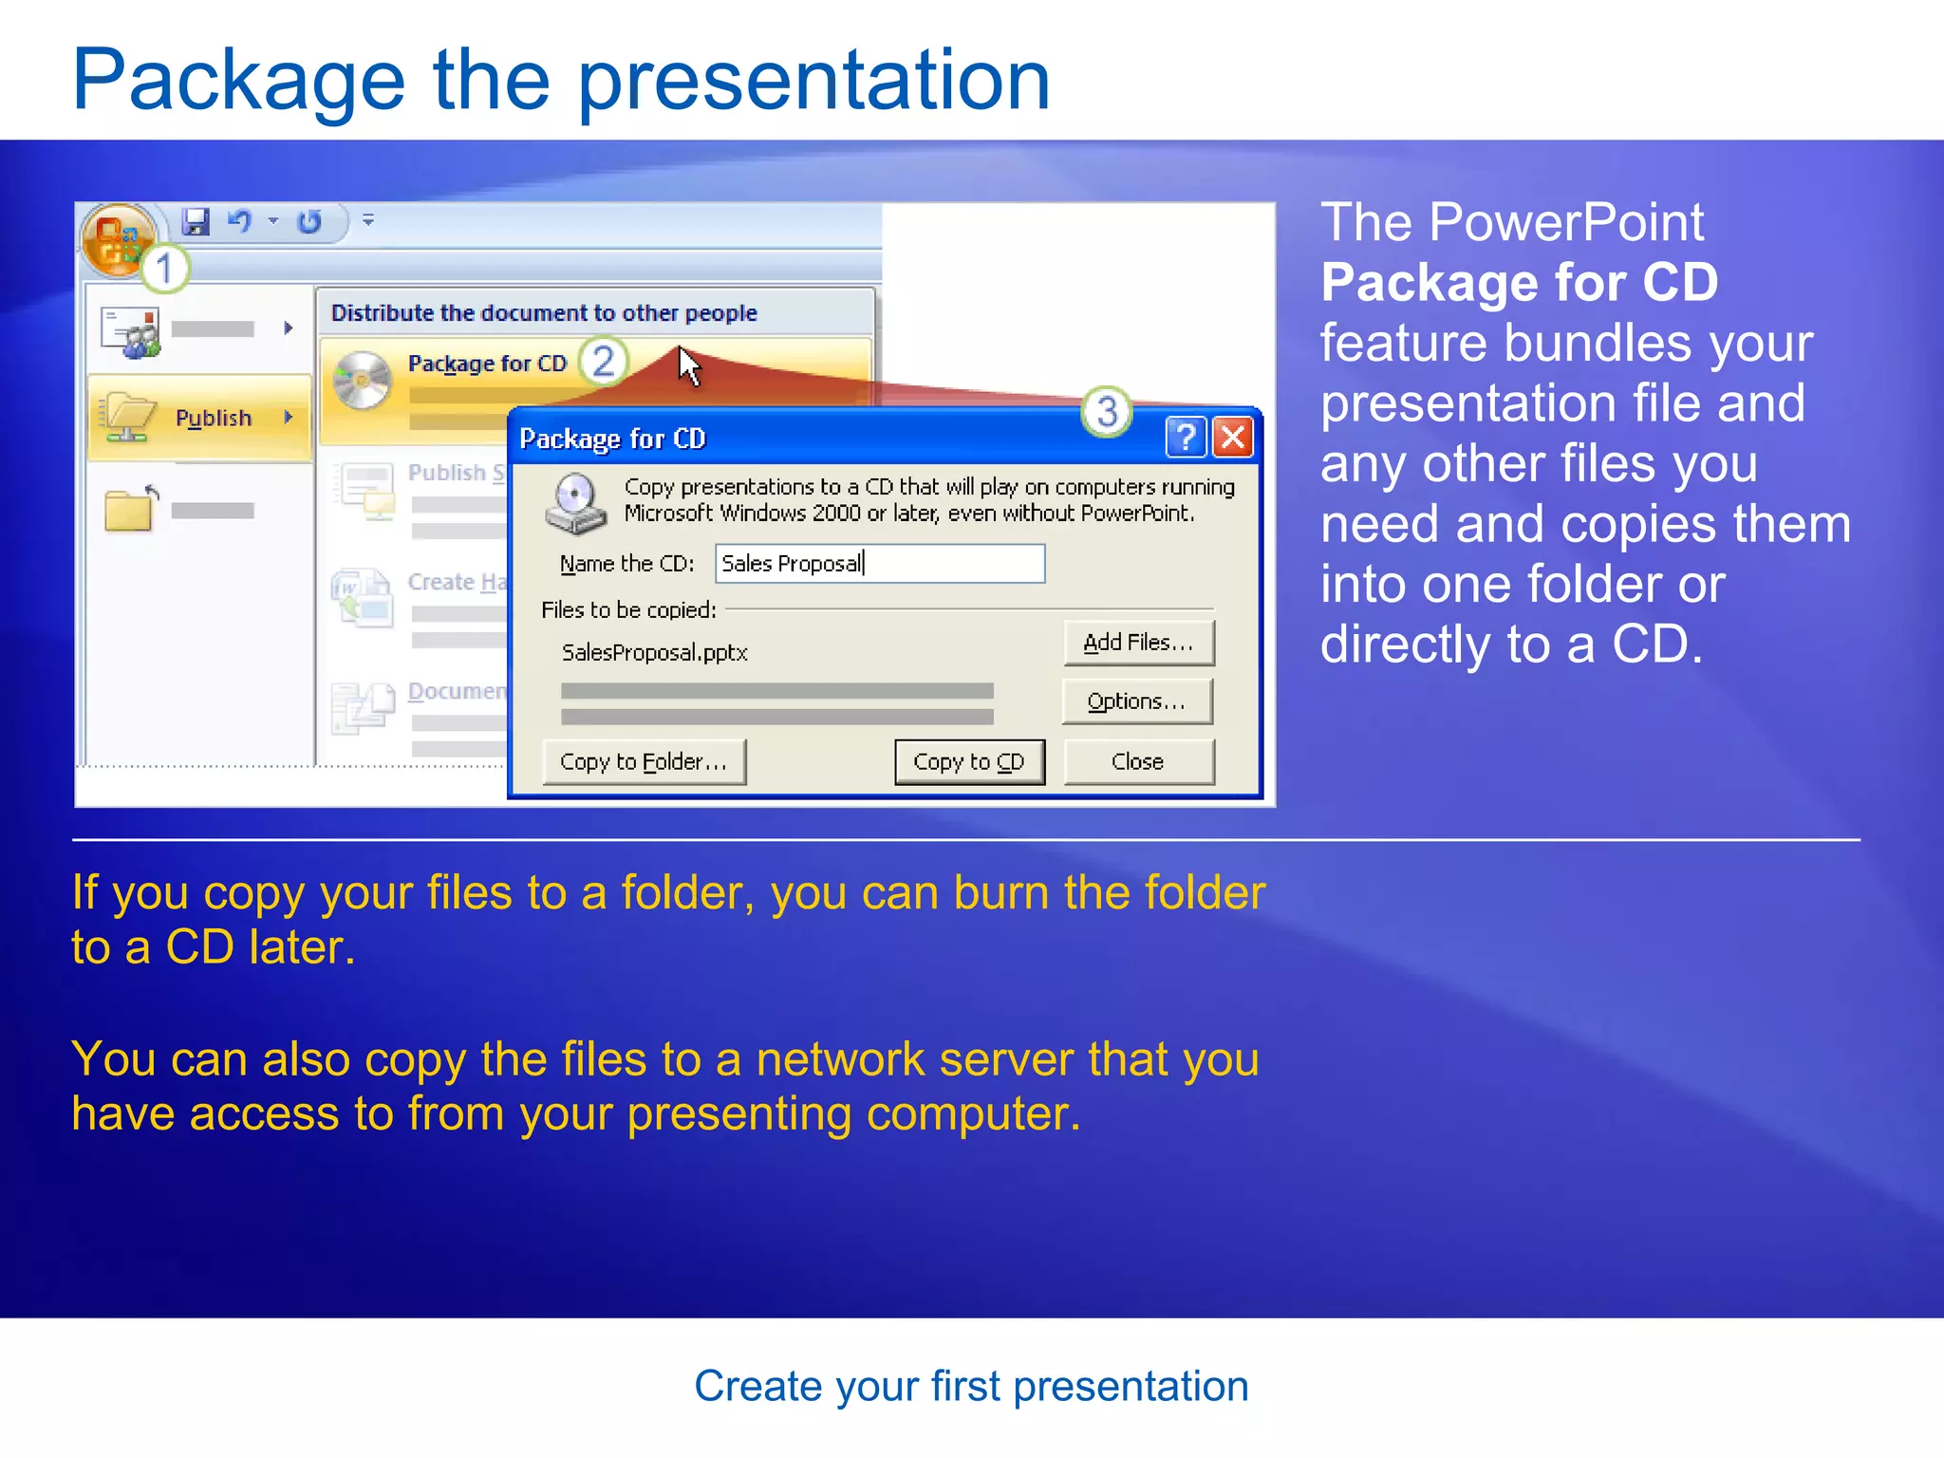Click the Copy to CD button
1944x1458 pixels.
click(969, 761)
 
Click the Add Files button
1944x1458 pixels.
click(1138, 643)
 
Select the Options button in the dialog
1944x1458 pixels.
click(1137, 701)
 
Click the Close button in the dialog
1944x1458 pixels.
click(1138, 761)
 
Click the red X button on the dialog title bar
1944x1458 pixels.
click(1233, 438)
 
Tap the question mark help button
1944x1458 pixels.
click(1185, 438)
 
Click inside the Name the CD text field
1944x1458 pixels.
click(879, 563)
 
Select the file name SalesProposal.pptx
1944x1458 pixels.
click(654, 652)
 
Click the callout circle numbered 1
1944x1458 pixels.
click(165, 269)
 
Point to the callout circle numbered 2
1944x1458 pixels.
click(604, 362)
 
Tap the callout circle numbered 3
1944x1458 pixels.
click(1107, 412)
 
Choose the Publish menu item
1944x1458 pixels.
click(213, 418)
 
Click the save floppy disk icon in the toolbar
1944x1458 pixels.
click(196, 222)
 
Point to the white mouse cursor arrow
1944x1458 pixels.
click(688, 365)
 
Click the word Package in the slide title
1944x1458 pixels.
click(239, 81)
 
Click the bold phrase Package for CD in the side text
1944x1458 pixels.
click(1519, 282)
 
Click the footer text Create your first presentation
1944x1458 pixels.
click(971, 1386)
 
